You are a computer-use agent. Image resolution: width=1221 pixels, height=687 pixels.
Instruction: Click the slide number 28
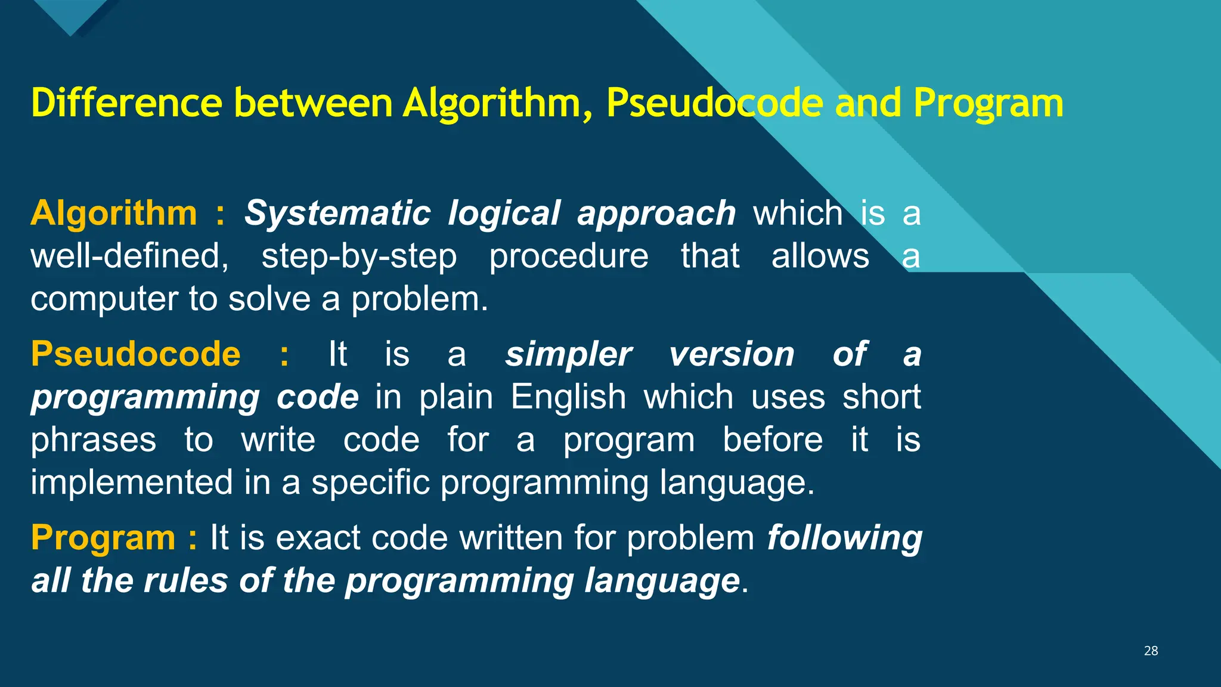coord(1151,651)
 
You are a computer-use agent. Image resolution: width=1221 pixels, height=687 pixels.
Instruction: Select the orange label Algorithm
coord(113,213)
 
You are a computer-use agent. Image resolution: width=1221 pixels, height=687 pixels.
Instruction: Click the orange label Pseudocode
coord(135,354)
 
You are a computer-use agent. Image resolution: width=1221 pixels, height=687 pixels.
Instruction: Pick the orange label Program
coord(103,537)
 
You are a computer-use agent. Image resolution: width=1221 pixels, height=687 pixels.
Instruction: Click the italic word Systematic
coord(337,213)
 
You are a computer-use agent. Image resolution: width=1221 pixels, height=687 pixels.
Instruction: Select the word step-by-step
coord(359,258)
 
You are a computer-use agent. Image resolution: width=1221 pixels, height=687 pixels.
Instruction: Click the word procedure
coord(568,256)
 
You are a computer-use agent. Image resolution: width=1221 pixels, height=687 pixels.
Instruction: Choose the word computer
coord(104,299)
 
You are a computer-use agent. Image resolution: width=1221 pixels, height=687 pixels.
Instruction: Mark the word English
coord(568,398)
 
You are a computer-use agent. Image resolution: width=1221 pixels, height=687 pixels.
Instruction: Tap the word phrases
coord(93,441)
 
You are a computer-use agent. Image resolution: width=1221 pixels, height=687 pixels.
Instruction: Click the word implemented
coord(132,482)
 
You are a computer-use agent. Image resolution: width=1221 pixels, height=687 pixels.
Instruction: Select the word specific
coord(370,482)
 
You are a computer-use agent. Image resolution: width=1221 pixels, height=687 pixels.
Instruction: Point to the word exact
coord(318,538)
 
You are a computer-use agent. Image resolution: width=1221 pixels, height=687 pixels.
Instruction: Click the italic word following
coord(844,539)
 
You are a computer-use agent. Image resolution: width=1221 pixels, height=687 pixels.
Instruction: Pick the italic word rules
coord(185,580)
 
